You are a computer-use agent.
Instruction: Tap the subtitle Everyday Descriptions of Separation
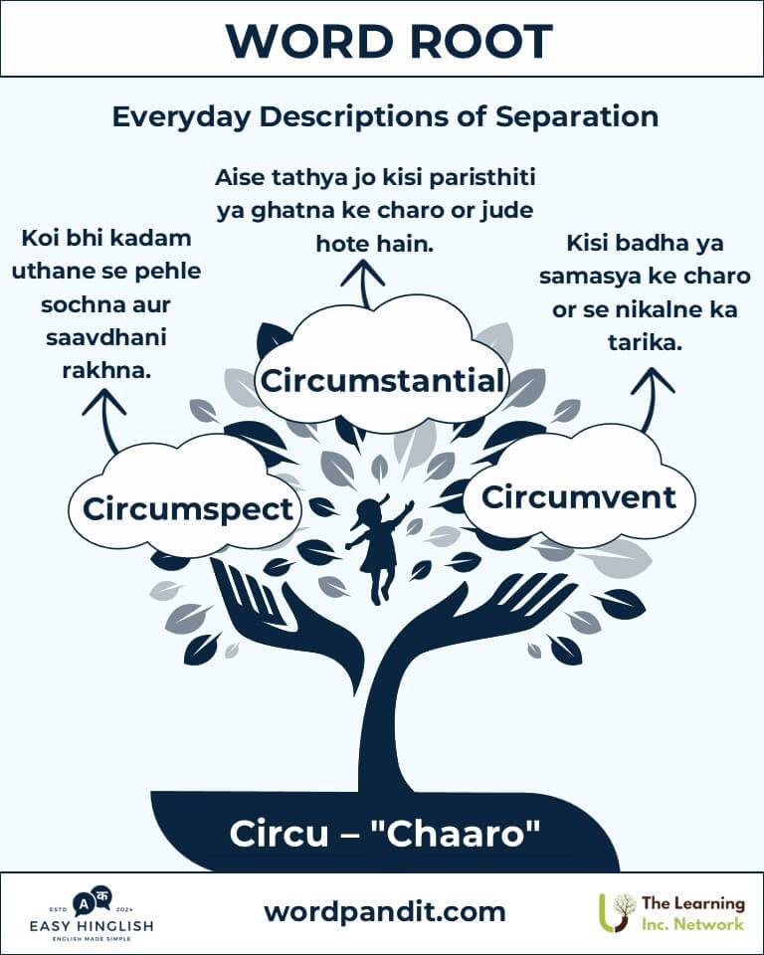click(x=384, y=116)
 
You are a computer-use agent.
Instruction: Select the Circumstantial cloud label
click(x=382, y=381)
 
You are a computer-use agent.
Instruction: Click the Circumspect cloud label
click(x=188, y=508)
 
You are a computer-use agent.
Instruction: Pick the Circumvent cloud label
click(x=578, y=495)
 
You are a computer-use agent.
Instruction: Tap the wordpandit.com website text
click(x=384, y=911)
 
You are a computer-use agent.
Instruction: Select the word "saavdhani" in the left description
click(x=105, y=337)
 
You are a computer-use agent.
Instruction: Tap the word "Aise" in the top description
click(x=242, y=179)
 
